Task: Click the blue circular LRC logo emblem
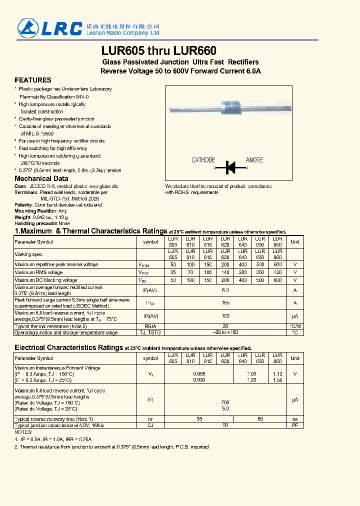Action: [x=28, y=27]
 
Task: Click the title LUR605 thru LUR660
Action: [x=159, y=51]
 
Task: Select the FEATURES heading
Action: [x=33, y=80]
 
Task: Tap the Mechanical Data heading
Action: [x=41, y=178]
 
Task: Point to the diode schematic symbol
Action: [x=230, y=167]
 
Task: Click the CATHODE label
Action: [x=203, y=160]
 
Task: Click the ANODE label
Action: [x=254, y=160]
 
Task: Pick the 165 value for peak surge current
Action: [x=225, y=302]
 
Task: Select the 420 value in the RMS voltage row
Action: [x=277, y=272]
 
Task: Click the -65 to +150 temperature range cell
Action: [x=225, y=332]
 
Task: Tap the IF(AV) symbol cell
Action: [x=150, y=290]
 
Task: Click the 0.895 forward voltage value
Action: [x=199, y=373]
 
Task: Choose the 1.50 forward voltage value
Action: [x=277, y=380]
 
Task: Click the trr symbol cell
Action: [x=150, y=418]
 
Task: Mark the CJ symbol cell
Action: [x=150, y=425]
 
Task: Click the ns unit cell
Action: [x=295, y=418]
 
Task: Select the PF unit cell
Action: [x=295, y=425]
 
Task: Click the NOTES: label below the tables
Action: [x=23, y=431]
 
